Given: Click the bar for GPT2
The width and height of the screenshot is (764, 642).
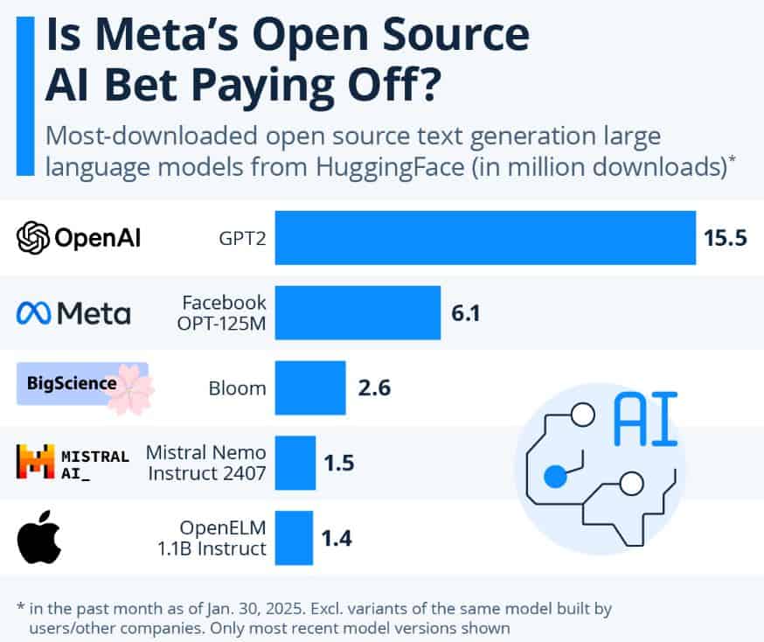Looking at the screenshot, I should (485, 237).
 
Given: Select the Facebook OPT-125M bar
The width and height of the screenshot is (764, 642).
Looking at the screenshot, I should (358, 312).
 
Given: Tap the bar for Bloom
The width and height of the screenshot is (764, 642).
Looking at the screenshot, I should (310, 387).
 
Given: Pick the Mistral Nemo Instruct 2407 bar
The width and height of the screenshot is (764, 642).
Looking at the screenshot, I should (295, 463).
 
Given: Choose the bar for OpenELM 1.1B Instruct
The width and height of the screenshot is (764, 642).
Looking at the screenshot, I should (294, 538).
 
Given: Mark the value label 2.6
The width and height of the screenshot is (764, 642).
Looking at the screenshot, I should (374, 387).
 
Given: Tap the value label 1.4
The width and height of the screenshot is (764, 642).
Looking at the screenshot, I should (337, 538).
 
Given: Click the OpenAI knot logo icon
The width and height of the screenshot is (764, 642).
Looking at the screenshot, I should (33, 237).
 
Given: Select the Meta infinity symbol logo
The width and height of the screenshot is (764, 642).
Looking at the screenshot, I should (33, 313).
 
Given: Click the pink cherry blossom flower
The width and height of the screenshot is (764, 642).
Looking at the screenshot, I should (129, 387).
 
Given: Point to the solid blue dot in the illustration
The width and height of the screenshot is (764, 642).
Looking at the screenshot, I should (554, 477).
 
